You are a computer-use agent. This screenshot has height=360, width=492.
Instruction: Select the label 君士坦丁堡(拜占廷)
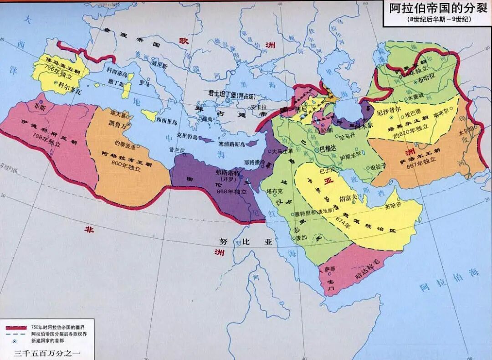237,92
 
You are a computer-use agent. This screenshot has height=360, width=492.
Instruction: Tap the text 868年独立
231,192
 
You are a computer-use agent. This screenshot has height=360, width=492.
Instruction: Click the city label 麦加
301,237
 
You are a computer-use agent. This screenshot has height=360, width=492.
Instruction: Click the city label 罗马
144,83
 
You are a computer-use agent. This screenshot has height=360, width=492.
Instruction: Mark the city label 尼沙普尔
389,110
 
